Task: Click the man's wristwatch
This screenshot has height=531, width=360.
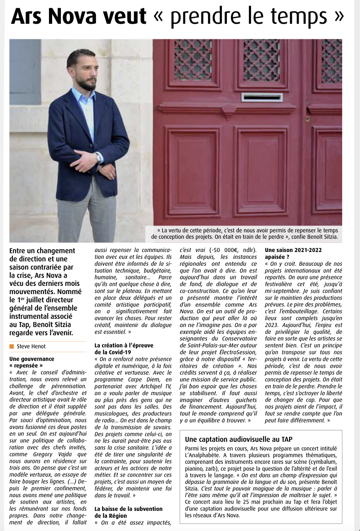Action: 98,157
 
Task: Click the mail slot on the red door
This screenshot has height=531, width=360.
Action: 262,97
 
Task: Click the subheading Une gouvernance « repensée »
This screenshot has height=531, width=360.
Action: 32,363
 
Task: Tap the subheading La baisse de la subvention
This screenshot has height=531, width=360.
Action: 129,509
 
